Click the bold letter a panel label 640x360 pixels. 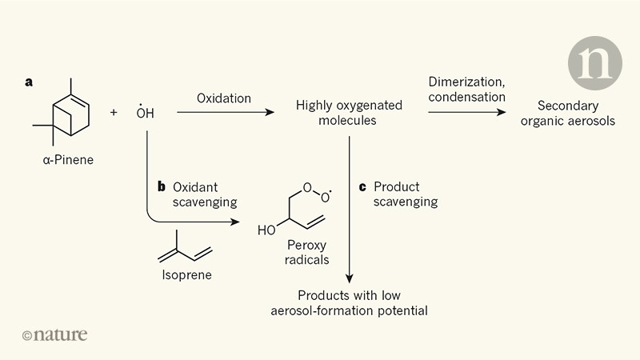tap(29, 82)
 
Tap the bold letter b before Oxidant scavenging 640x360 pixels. tap(161, 186)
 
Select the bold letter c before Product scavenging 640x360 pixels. tap(362, 186)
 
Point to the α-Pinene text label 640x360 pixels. tap(68, 159)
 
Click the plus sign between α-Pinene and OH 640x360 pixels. tap(114, 113)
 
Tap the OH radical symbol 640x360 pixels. tap(145, 113)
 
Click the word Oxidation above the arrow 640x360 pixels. tap(224, 98)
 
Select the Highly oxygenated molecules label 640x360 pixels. tap(336, 113)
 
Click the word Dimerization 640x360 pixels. tap(466, 82)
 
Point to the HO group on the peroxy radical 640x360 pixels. tap(266, 230)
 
